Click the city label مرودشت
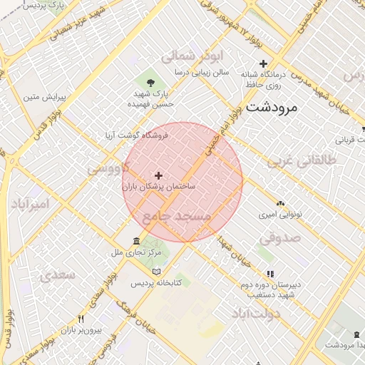272,107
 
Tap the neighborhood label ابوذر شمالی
193,56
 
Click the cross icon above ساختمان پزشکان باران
158,175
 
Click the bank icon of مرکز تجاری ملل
136,241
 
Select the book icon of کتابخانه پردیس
157,271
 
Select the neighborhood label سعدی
58,274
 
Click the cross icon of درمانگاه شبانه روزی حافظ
263,63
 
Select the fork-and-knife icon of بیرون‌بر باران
81,319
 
